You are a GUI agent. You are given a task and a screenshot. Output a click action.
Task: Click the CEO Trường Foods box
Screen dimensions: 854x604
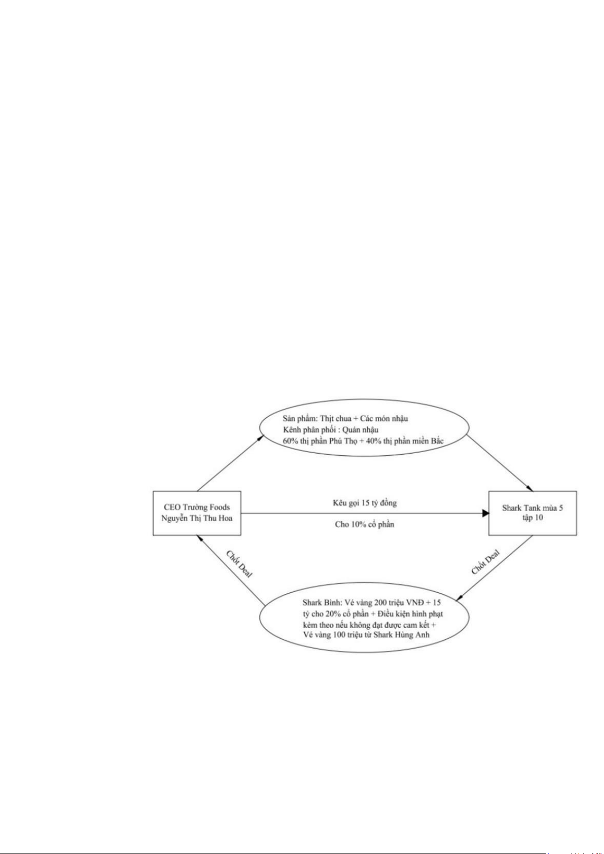[x=197, y=513]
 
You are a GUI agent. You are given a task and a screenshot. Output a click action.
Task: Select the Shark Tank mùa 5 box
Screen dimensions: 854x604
[x=532, y=513]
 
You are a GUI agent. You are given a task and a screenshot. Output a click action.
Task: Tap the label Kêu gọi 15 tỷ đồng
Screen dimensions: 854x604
[x=364, y=503]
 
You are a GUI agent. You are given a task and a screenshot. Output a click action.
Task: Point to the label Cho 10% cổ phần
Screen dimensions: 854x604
[x=364, y=524]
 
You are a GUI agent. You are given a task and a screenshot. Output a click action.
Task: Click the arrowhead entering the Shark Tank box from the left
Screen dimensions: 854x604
[x=485, y=513]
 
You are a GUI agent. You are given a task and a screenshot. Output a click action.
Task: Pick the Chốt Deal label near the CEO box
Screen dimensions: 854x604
[x=239, y=564]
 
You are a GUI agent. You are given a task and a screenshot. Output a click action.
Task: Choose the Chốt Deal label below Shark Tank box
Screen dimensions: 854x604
[x=485, y=562]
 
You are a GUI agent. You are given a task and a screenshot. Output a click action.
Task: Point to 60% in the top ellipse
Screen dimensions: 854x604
[x=290, y=441]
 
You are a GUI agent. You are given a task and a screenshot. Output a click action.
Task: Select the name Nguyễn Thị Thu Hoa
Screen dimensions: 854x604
[x=197, y=518]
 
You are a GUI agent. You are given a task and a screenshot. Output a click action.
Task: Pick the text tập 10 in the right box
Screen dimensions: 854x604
[x=533, y=518]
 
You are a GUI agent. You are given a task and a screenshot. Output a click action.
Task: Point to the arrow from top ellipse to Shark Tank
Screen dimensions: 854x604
[x=499, y=463]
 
